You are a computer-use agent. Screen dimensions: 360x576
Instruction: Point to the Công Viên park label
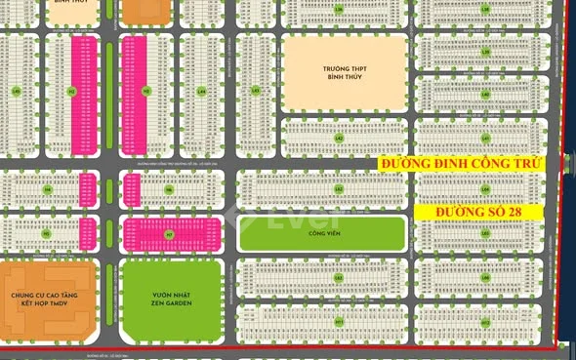321,234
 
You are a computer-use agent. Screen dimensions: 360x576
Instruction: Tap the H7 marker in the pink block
168,234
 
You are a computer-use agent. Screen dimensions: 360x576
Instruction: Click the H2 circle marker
71,92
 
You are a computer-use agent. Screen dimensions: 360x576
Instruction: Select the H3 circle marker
145,92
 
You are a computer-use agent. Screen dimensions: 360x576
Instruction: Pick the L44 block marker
201,92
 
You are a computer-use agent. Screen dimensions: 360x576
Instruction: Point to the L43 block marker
256,92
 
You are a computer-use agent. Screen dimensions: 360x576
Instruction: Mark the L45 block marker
17,92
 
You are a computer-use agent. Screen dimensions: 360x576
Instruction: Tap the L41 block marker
485,139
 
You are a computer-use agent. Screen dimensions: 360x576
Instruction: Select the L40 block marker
485,232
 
